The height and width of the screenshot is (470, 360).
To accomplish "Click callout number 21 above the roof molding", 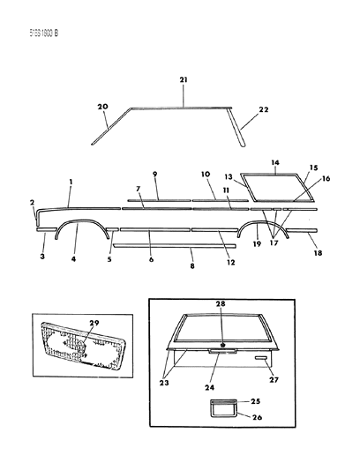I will (x=183, y=80).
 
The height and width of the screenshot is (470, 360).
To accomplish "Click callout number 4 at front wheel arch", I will (x=74, y=259).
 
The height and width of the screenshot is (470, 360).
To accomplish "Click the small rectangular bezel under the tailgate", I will (x=221, y=409).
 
